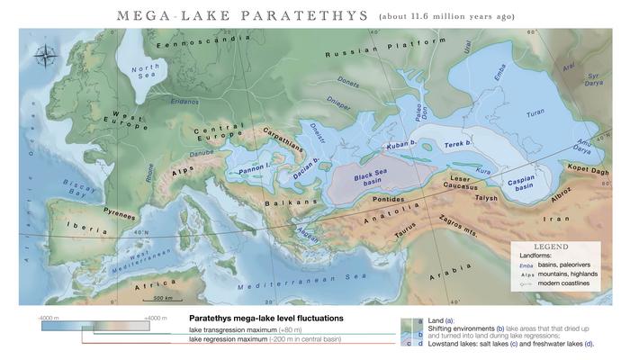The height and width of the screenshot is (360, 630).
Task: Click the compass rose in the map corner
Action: click(x=44, y=57)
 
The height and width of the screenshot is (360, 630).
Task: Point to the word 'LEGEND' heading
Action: click(x=550, y=246)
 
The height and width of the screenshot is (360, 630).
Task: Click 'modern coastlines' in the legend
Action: click(x=563, y=283)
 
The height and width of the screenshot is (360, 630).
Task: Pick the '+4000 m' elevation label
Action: click(x=157, y=319)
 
